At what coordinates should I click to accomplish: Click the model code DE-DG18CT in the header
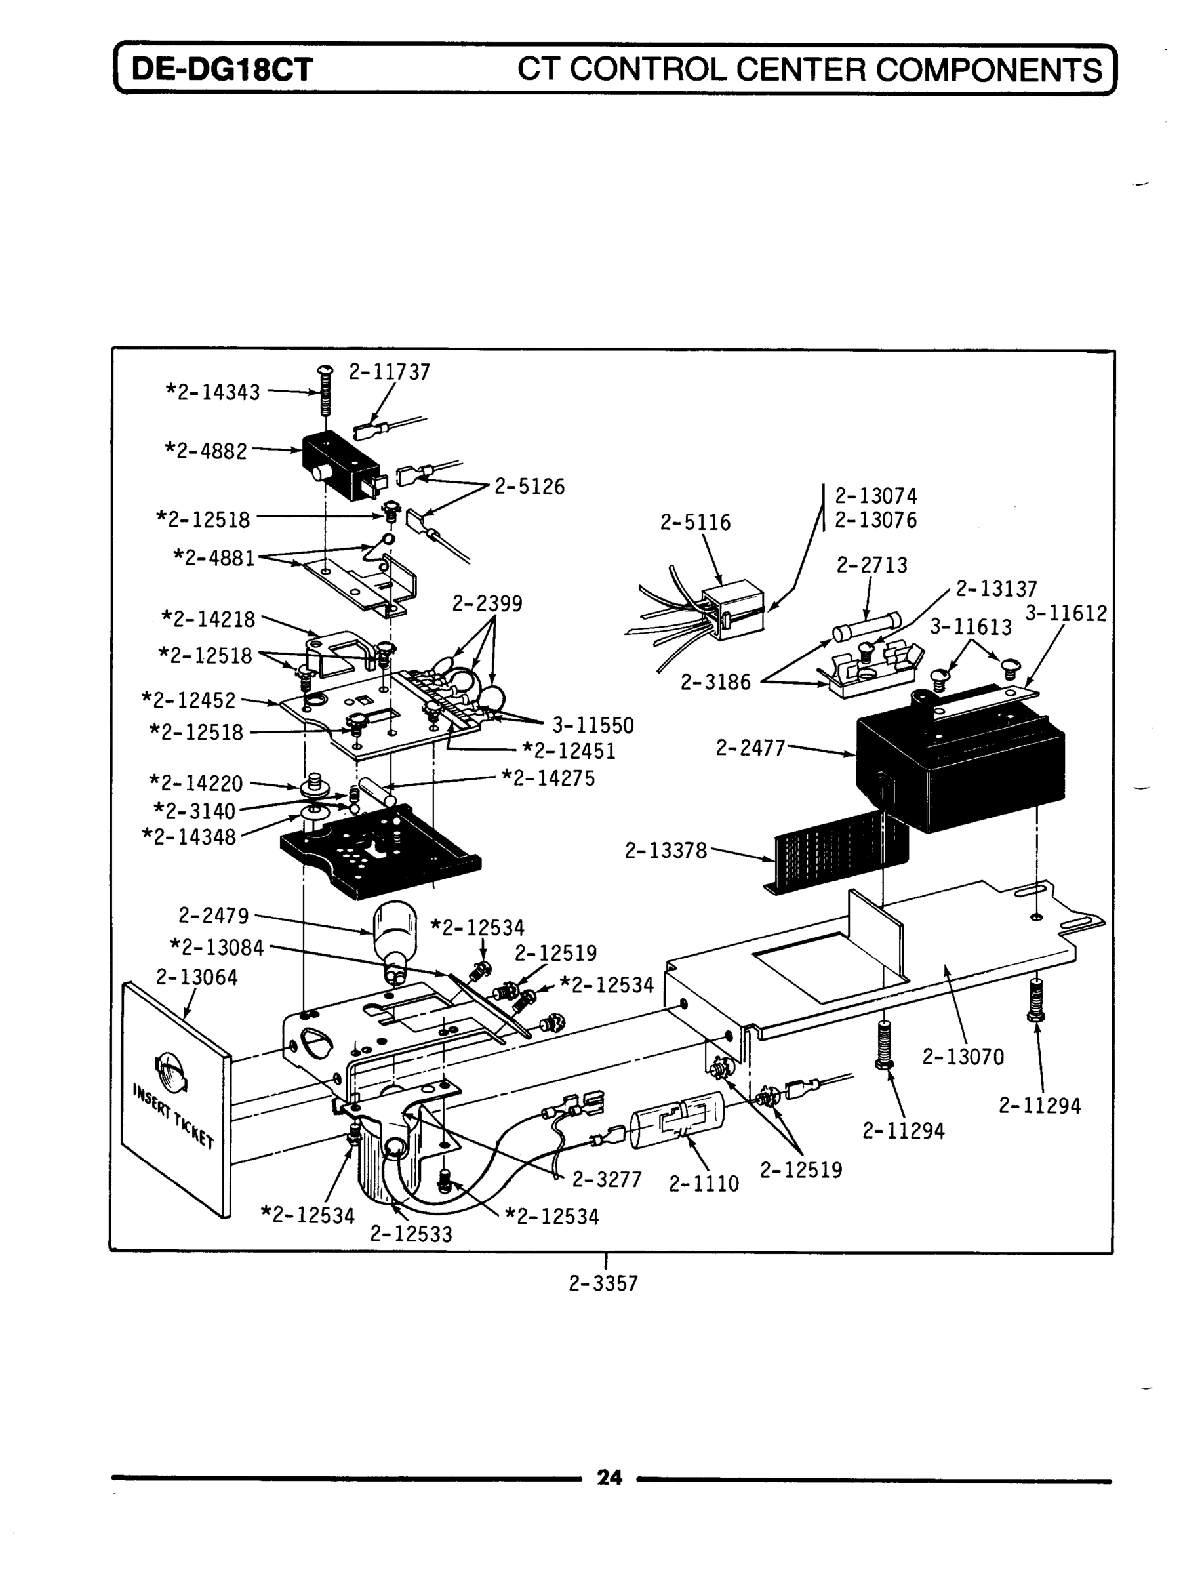click(222, 70)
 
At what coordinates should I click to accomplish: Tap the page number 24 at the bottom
click(609, 1478)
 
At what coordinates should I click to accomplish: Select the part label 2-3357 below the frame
click(603, 1283)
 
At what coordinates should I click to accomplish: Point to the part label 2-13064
click(197, 977)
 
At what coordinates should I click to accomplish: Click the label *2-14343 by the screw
click(213, 392)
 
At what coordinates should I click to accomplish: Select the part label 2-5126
click(529, 487)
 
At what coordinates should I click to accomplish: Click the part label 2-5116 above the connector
click(696, 522)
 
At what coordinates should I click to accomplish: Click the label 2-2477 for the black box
click(750, 748)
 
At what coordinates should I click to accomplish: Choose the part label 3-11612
click(1066, 613)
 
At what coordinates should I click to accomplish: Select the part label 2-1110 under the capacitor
click(704, 1184)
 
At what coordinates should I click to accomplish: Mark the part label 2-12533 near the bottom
click(411, 1234)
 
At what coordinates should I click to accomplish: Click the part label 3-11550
click(593, 726)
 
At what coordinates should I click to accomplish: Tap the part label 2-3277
click(607, 1180)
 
